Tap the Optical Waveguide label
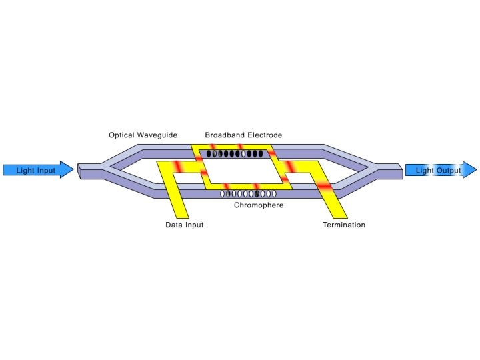143,135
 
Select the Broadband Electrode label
243,135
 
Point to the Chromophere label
259,205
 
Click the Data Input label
184,225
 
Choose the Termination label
344,225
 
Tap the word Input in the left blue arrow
45,171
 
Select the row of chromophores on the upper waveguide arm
234,154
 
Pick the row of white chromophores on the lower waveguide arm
248,194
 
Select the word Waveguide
157,135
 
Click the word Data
173,225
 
